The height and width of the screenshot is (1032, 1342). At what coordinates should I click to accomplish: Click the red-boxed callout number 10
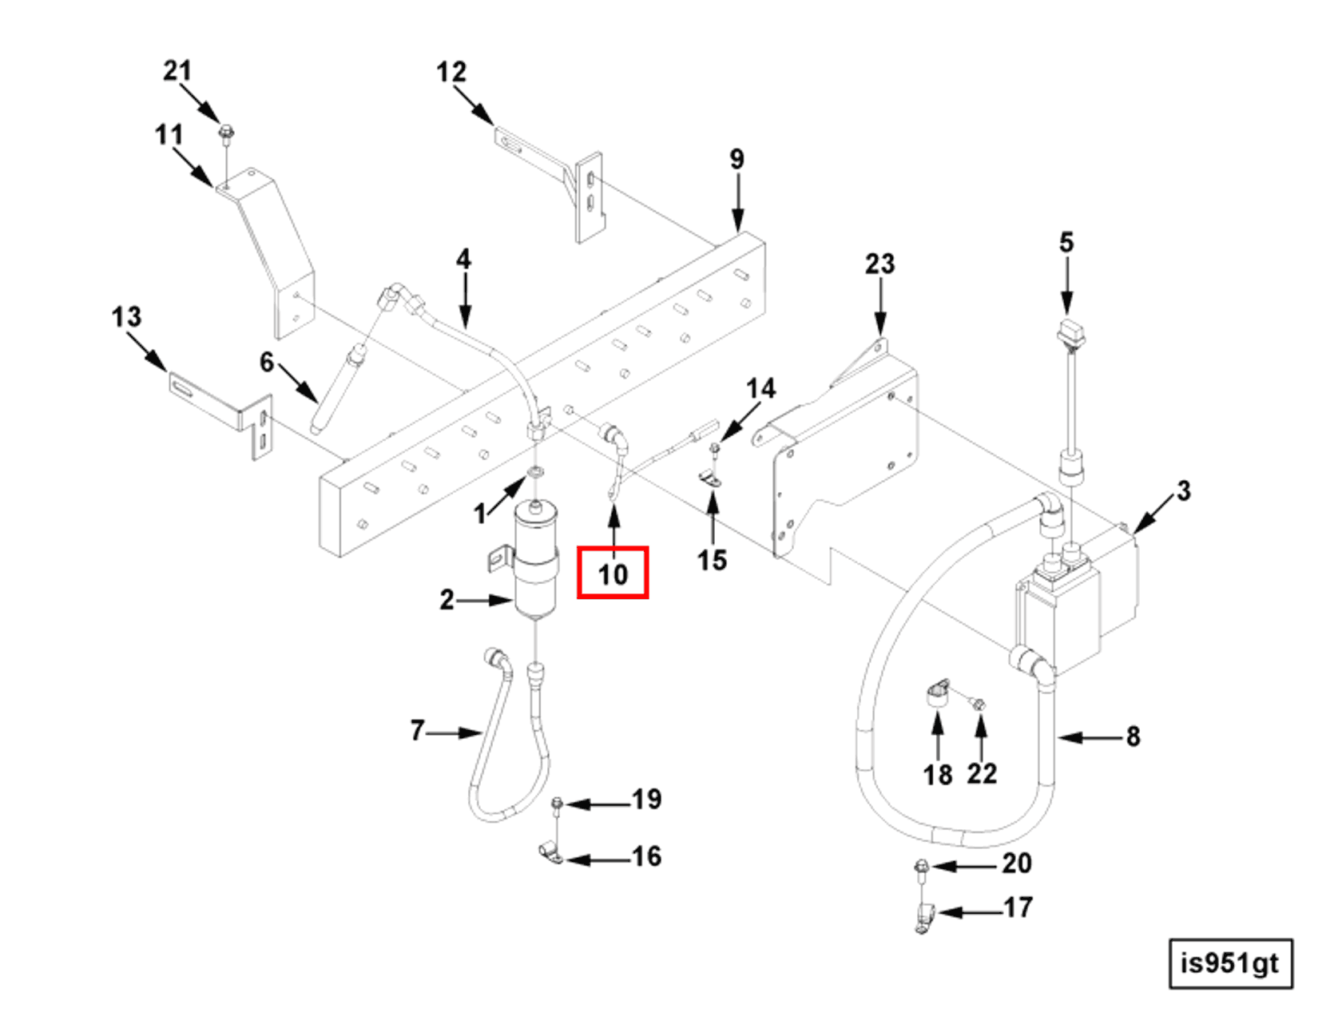click(613, 573)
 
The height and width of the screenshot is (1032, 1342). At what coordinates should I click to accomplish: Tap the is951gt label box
click(1230, 963)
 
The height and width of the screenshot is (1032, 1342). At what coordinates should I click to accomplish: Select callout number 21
click(177, 71)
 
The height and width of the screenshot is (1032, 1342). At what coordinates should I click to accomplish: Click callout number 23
click(879, 264)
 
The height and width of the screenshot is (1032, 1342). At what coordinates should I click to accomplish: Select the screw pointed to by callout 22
click(979, 705)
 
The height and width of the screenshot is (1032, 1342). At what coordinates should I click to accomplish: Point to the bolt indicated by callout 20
click(921, 867)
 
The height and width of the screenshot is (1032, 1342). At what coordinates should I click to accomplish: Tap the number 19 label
click(646, 799)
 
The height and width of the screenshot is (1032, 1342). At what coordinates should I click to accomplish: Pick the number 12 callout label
click(451, 73)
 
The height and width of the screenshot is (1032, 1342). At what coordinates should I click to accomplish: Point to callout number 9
click(737, 159)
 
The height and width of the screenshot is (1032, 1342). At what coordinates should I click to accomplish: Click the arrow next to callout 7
click(455, 732)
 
